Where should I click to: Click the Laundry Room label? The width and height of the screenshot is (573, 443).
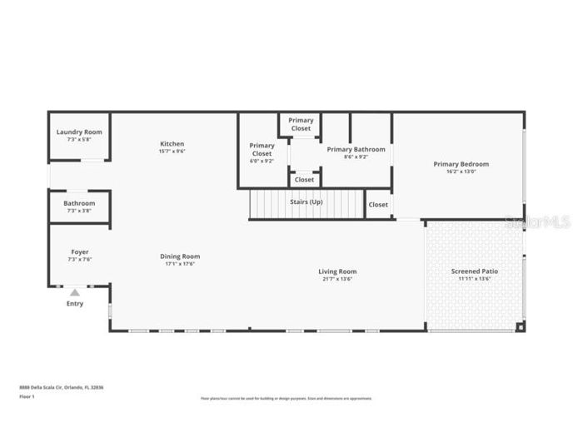(x=79, y=132)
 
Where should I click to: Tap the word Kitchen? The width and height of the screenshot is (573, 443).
(x=172, y=144)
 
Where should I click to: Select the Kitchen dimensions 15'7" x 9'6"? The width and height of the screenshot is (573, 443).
(x=172, y=152)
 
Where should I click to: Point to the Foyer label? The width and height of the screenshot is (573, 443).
(x=79, y=251)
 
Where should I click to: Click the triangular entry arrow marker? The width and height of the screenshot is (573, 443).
(x=75, y=292)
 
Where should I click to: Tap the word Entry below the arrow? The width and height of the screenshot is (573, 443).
(x=75, y=304)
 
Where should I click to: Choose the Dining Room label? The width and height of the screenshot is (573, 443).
(x=180, y=256)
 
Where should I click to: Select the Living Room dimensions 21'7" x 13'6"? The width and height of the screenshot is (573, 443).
(x=337, y=279)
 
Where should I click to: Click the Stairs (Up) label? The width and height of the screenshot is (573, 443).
(x=306, y=202)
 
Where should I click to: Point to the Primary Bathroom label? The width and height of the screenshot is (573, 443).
(x=356, y=149)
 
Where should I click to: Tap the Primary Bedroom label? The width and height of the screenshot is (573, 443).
(x=461, y=164)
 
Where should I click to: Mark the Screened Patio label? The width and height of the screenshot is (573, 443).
(x=475, y=271)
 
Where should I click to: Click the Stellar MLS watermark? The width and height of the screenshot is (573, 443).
(x=537, y=222)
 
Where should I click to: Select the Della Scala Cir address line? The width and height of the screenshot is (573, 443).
(x=62, y=387)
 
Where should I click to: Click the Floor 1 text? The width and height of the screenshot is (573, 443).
(x=27, y=397)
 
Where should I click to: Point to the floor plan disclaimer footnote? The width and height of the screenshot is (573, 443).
(x=286, y=399)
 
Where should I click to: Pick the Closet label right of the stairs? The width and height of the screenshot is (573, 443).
(x=378, y=204)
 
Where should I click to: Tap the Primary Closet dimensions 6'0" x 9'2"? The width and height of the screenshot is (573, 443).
(x=262, y=161)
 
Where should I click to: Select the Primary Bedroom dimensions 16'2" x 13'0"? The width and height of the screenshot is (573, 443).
(x=461, y=172)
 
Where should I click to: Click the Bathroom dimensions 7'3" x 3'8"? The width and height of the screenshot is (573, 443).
(x=79, y=211)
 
